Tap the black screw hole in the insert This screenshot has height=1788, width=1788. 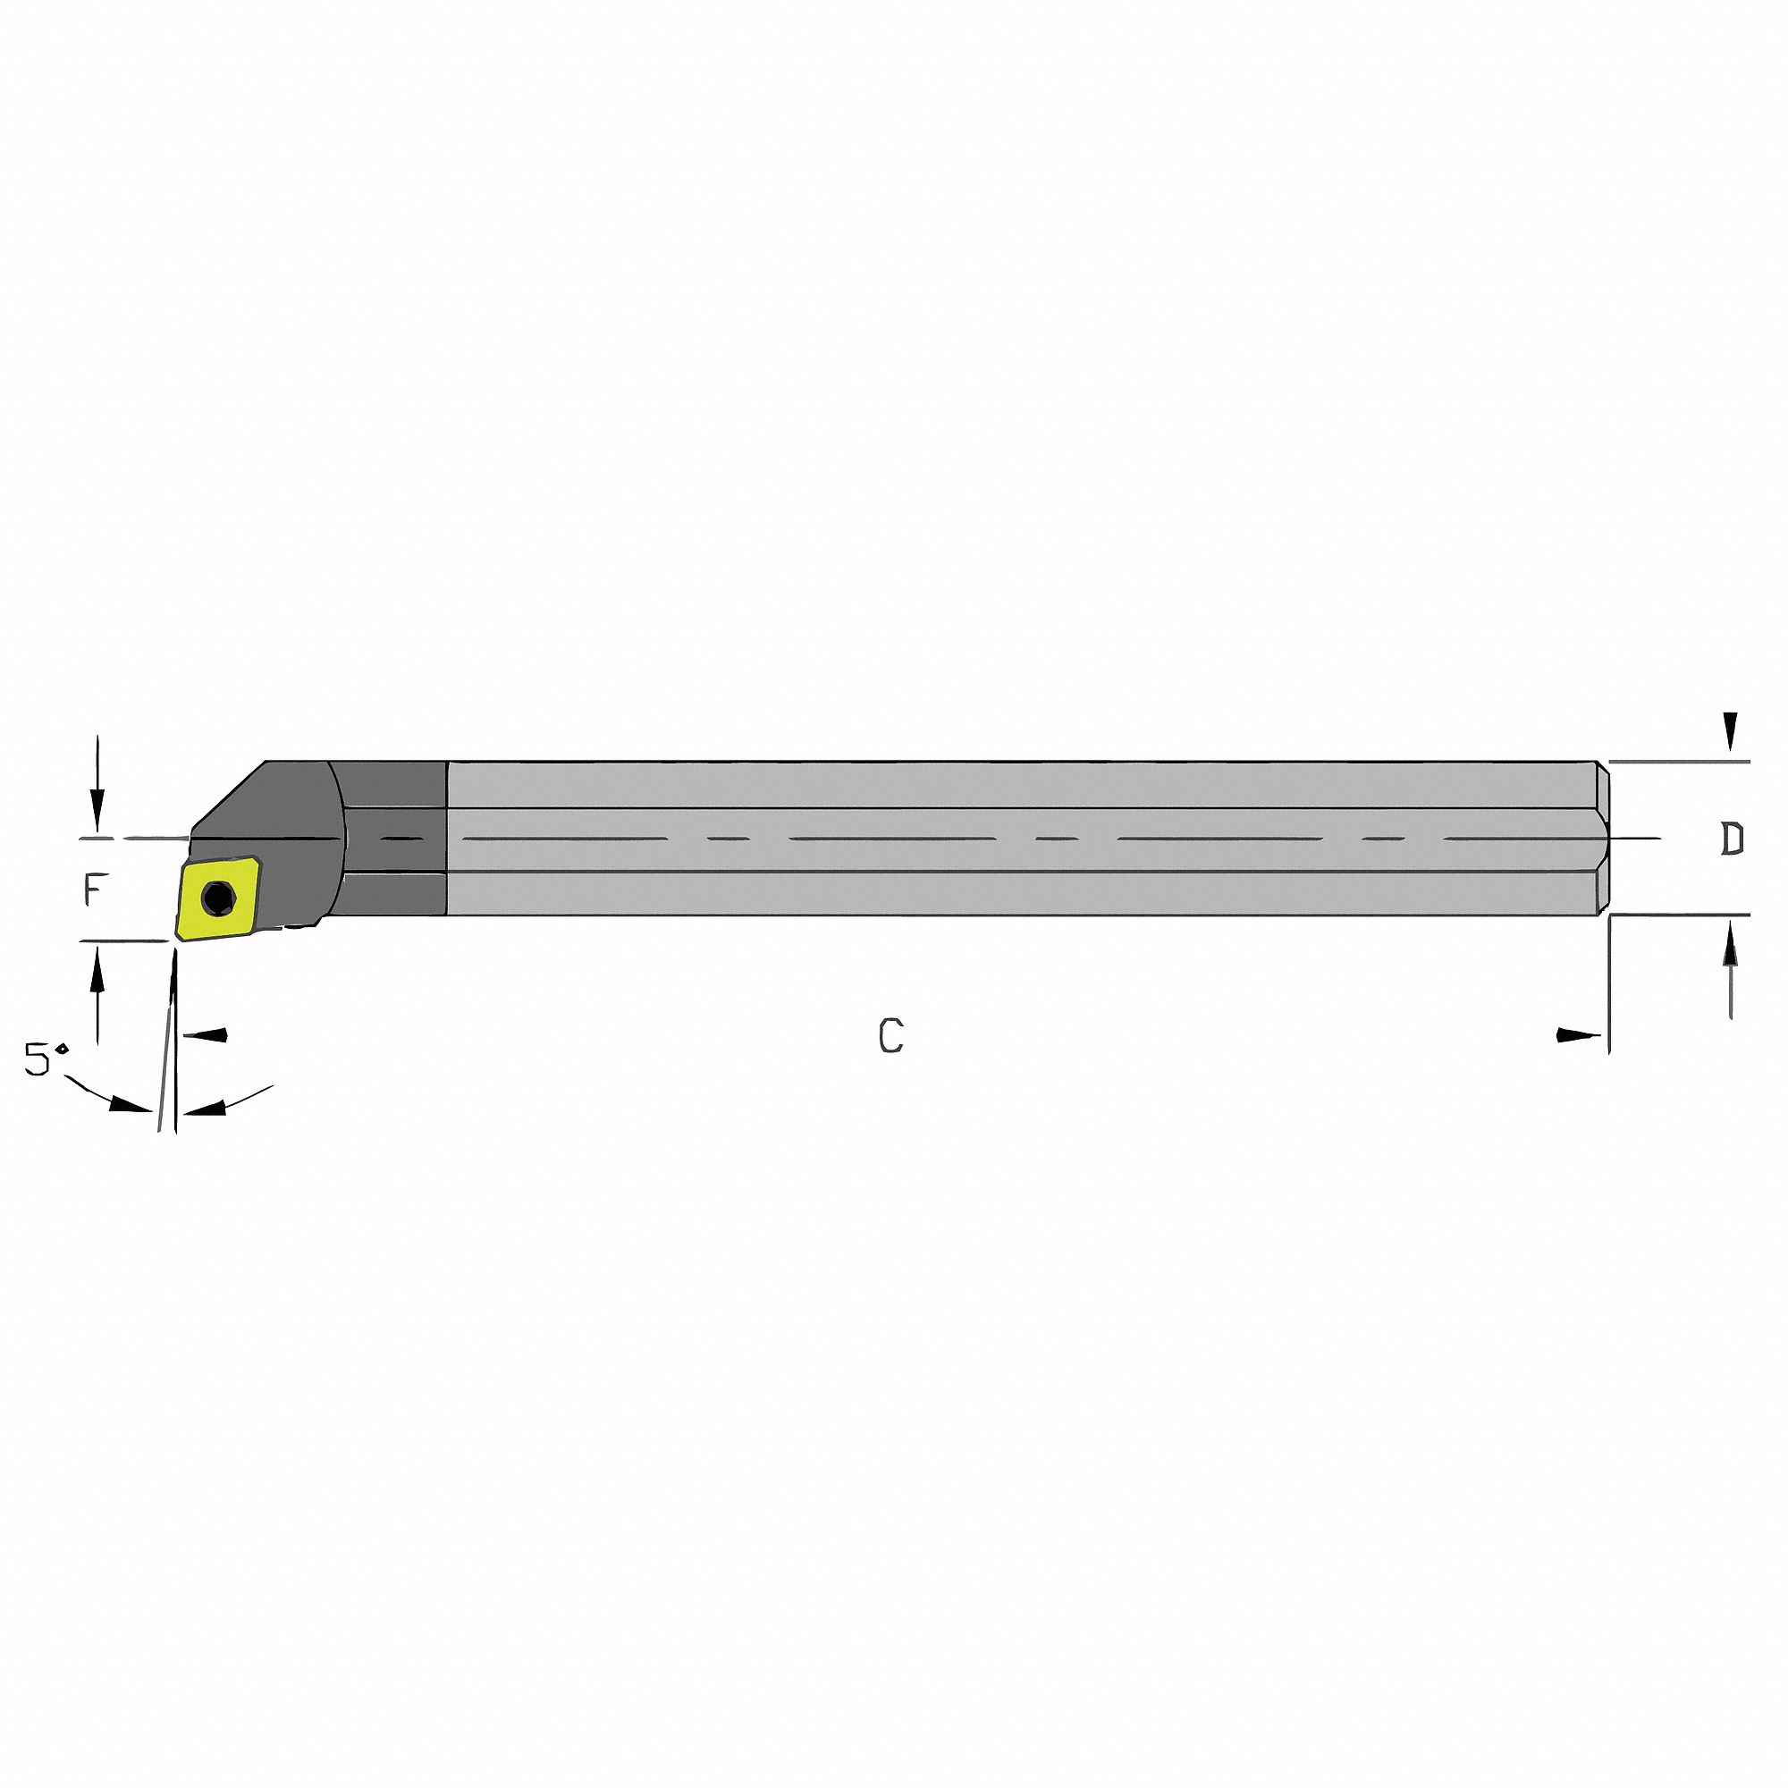point(218,896)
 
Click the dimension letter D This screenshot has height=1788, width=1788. point(1732,839)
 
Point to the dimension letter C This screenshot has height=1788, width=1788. point(890,1035)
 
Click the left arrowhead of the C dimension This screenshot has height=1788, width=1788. point(206,1034)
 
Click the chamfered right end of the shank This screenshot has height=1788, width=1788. point(1602,839)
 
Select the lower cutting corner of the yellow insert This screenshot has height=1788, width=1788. point(177,939)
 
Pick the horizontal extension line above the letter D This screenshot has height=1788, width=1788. point(1680,762)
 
